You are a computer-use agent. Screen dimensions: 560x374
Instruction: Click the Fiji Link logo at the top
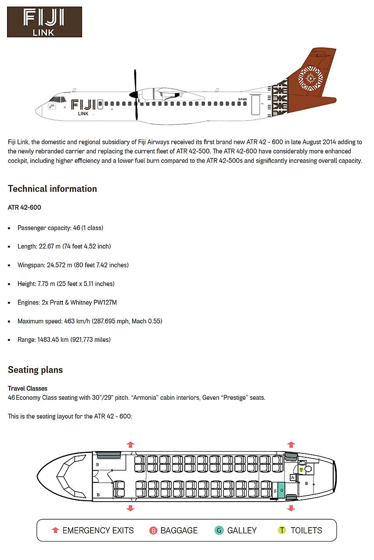44,22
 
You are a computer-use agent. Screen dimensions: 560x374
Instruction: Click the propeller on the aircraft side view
136,94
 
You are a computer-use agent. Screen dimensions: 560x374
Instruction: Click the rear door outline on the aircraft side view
255,105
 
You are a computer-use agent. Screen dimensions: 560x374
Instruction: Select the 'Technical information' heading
52,189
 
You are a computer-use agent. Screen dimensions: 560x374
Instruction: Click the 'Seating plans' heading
35,370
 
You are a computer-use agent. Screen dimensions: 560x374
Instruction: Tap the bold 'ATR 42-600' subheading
25,207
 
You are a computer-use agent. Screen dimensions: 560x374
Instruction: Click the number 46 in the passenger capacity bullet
77,228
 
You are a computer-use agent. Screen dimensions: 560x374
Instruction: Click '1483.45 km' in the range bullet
52,340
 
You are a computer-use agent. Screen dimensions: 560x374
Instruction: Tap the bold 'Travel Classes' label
28,388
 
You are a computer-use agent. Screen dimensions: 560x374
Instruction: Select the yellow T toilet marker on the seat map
301,470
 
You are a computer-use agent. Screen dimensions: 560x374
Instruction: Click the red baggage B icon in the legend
153,531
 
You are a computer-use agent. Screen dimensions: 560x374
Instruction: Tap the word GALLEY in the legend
242,531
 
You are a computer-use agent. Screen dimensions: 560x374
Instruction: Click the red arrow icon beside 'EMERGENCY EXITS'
55,530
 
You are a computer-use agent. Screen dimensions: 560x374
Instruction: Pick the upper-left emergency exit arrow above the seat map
130,444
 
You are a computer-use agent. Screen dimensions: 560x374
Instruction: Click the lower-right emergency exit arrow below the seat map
291,508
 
